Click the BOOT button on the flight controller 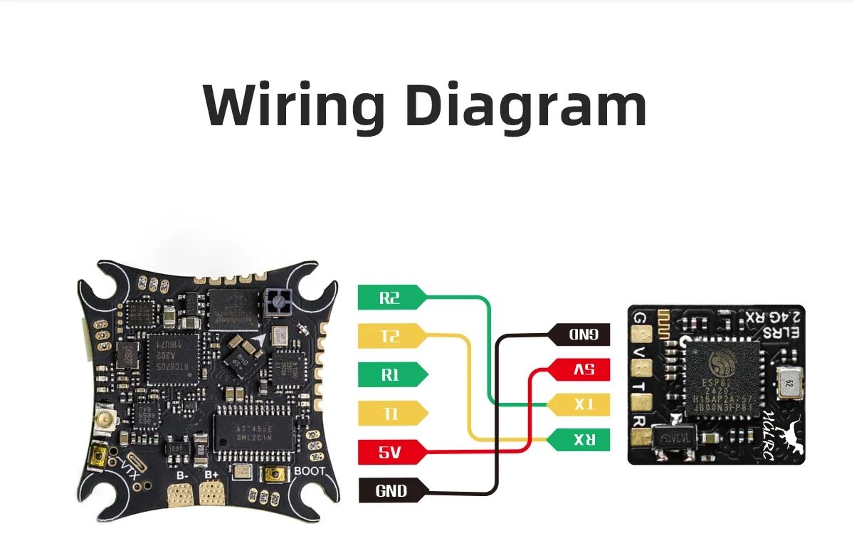pos(272,475)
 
